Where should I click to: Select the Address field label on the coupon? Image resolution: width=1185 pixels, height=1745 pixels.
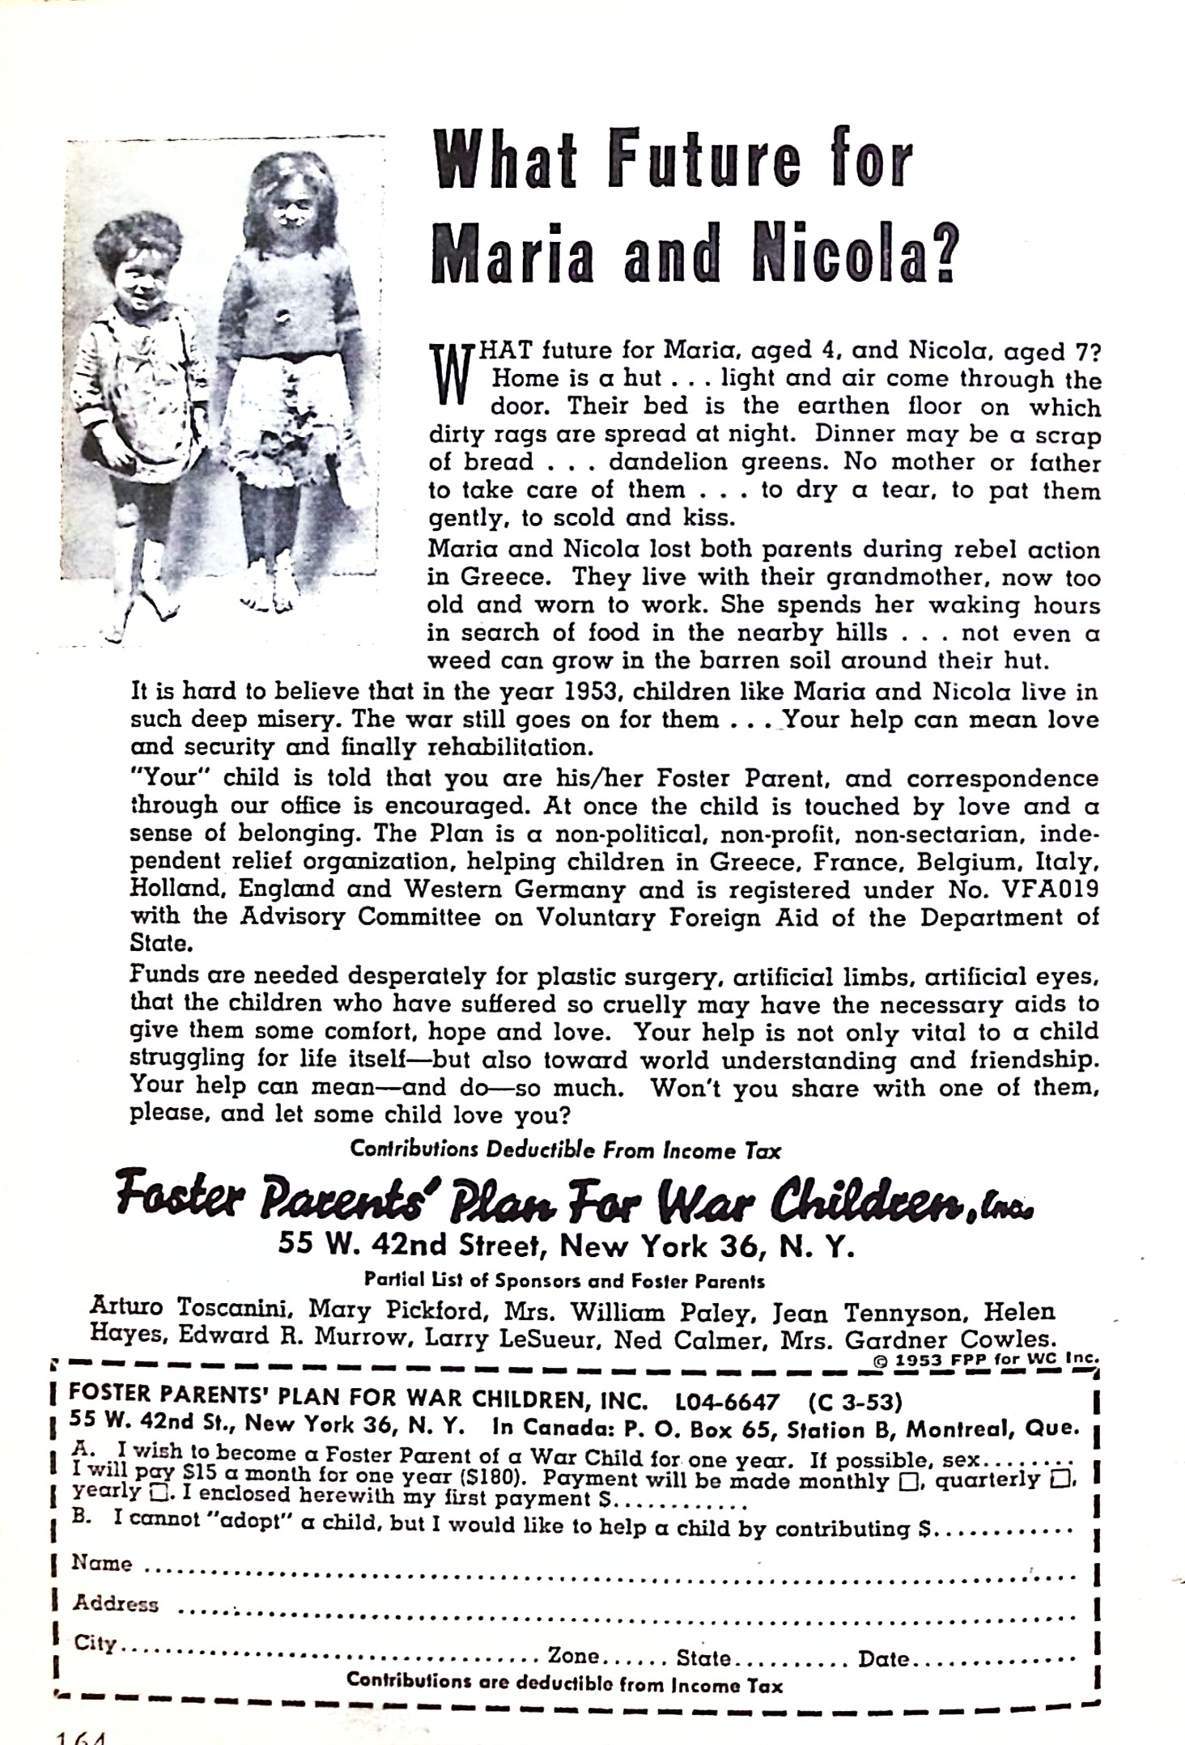[x=116, y=1604]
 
